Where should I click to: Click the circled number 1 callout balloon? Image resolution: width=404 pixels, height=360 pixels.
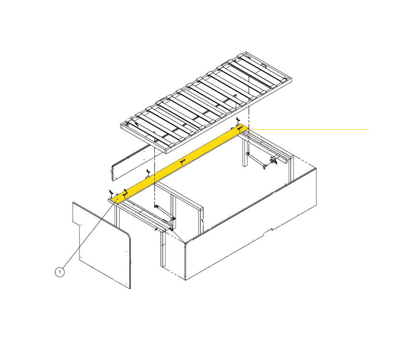[60, 272]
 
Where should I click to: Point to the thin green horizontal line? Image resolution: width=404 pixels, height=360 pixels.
[313, 129]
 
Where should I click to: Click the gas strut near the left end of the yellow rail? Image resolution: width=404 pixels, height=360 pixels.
[164, 214]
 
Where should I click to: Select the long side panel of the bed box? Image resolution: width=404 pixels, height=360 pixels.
[250, 226]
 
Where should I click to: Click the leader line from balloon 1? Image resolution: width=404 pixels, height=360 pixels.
[87, 236]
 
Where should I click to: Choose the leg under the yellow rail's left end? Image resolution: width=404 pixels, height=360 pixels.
[116, 216]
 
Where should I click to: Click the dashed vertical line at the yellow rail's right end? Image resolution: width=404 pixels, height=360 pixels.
[249, 115]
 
